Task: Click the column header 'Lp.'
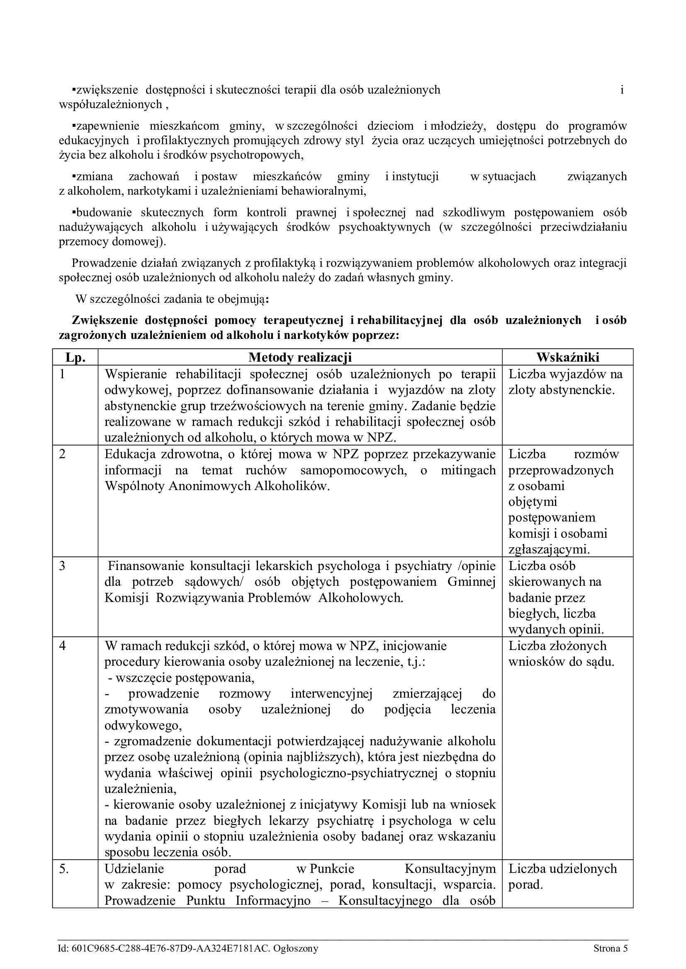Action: click(75, 358)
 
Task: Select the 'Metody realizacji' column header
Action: click(300, 358)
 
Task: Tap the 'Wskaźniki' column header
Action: click(568, 358)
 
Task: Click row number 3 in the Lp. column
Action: click(63, 566)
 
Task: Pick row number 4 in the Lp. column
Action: click(63, 646)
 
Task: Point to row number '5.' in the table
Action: click(64, 869)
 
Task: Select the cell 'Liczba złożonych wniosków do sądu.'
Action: click(561, 654)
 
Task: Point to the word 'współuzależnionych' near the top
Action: click(110, 105)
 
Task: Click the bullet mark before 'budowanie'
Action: click(74, 211)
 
